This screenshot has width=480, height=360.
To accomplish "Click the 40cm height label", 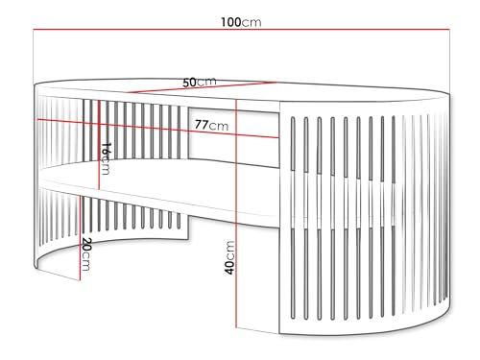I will (x=229, y=257).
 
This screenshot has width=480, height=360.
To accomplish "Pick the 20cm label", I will (x=85, y=253).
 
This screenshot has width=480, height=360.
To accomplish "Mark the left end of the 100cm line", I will (x=35, y=32).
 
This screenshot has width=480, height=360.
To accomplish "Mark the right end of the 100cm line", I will (x=451, y=32).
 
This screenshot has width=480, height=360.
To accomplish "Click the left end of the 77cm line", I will (x=36, y=119).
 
